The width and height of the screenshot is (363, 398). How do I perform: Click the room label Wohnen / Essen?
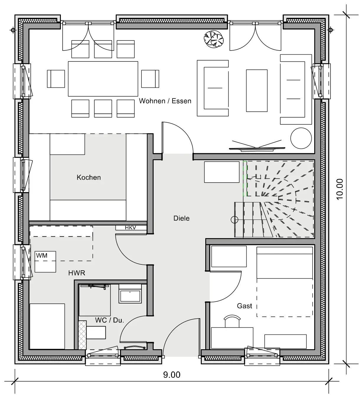coord(165,101)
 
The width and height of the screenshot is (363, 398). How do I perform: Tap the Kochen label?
coord(89,177)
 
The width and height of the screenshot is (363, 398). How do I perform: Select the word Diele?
coord(181,218)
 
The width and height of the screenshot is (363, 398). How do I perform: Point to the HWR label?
coord(77,273)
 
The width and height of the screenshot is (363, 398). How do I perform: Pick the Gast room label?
coord(244,306)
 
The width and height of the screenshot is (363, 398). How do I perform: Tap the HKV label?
coord(131,228)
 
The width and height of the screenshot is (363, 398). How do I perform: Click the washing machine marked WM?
coord(45,262)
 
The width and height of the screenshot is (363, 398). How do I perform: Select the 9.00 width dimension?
coord(172,375)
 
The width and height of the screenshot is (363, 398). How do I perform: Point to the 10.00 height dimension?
coord(340,189)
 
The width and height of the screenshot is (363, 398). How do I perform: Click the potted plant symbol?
coord(214,39)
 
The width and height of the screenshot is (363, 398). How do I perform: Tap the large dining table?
coord(103,79)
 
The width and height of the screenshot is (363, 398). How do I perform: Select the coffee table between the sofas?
coord(257,90)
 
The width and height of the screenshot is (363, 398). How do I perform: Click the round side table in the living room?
coord(301,138)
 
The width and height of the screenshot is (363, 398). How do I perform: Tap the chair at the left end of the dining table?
coord(56,79)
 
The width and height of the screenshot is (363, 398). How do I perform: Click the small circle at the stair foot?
coord(235,220)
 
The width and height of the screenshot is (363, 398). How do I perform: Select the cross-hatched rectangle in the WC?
coord(82,335)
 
